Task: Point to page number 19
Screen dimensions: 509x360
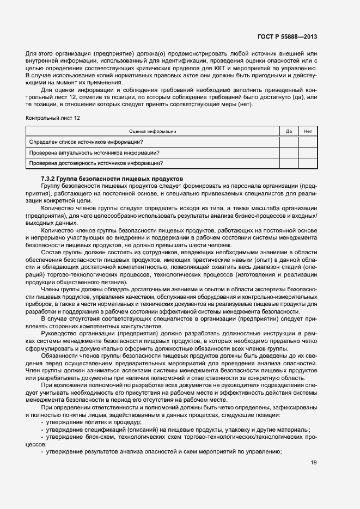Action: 313,463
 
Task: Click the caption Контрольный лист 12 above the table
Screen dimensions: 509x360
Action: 52,118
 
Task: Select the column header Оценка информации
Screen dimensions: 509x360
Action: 152,131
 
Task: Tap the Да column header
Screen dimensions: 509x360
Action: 289,131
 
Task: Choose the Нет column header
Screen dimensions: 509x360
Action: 308,131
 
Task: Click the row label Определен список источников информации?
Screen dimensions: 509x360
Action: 86,142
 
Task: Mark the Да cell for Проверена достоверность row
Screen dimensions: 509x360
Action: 289,163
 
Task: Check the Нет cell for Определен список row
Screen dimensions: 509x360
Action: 308,142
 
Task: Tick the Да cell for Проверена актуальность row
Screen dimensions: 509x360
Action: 289,152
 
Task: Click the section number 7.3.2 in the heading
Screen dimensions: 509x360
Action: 50,179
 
